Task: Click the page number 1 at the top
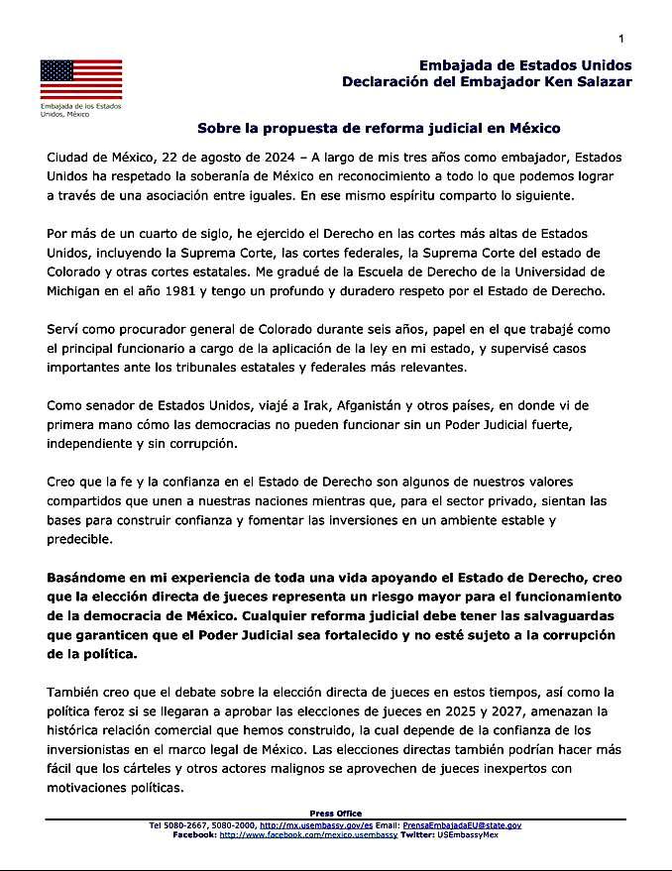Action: (620, 38)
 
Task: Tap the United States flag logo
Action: (81, 79)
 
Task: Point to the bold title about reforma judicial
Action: (379, 128)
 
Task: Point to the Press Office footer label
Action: (336, 814)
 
